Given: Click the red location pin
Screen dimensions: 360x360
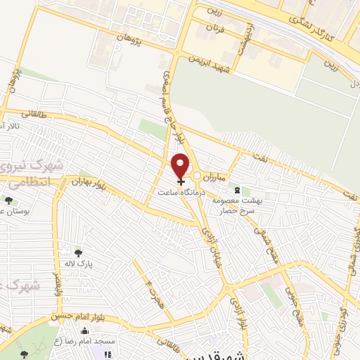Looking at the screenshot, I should coord(181,165).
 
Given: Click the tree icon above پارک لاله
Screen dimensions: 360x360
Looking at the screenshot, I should coord(77,253).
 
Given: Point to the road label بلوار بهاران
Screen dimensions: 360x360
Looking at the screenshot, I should coord(87,184).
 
